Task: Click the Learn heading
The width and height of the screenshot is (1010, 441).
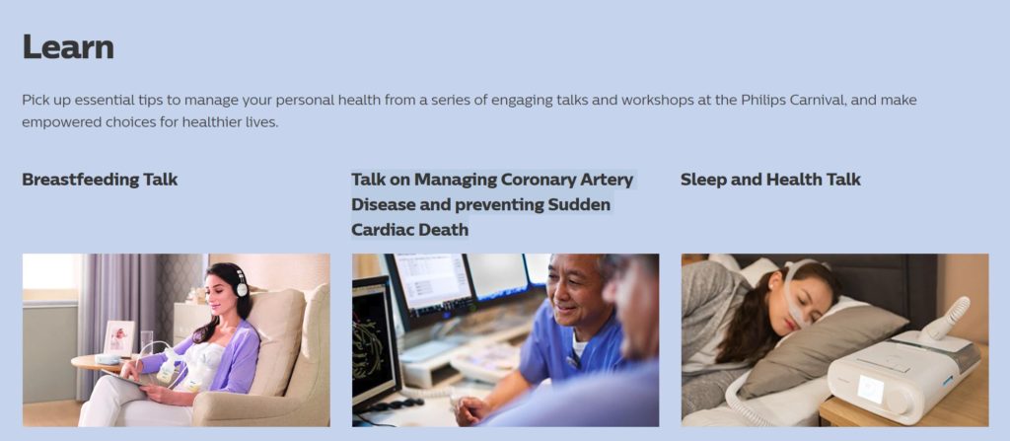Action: [x=68, y=47]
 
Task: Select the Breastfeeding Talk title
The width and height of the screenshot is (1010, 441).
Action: [x=100, y=180]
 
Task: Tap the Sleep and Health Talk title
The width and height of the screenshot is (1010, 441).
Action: [x=770, y=180]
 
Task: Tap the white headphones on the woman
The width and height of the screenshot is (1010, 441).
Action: [x=240, y=281]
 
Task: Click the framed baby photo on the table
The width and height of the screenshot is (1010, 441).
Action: [x=118, y=337]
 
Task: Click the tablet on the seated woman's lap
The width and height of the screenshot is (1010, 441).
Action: [x=129, y=380]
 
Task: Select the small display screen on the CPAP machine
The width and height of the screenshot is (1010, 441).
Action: [x=870, y=389]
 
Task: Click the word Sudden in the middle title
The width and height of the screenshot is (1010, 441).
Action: [x=578, y=205]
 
